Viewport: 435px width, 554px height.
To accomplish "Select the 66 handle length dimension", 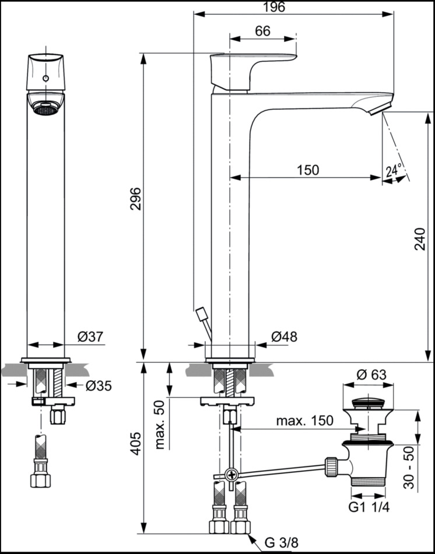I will coord(262,31).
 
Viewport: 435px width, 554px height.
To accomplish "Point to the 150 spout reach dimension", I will coord(307,170).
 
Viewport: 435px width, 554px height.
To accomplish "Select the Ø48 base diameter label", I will coord(284,336).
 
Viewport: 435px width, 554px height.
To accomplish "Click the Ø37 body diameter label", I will coord(90,336).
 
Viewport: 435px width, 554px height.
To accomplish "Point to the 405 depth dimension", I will coord(135,447).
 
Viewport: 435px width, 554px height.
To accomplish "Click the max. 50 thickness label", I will coord(160,425).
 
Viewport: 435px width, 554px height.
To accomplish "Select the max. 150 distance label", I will coord(304,420).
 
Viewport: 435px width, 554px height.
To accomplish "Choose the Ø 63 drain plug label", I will coord(371,375).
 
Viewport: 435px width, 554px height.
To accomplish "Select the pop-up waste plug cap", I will coord(366,403).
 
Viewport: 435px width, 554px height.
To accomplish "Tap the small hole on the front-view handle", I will coord(45,78).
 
